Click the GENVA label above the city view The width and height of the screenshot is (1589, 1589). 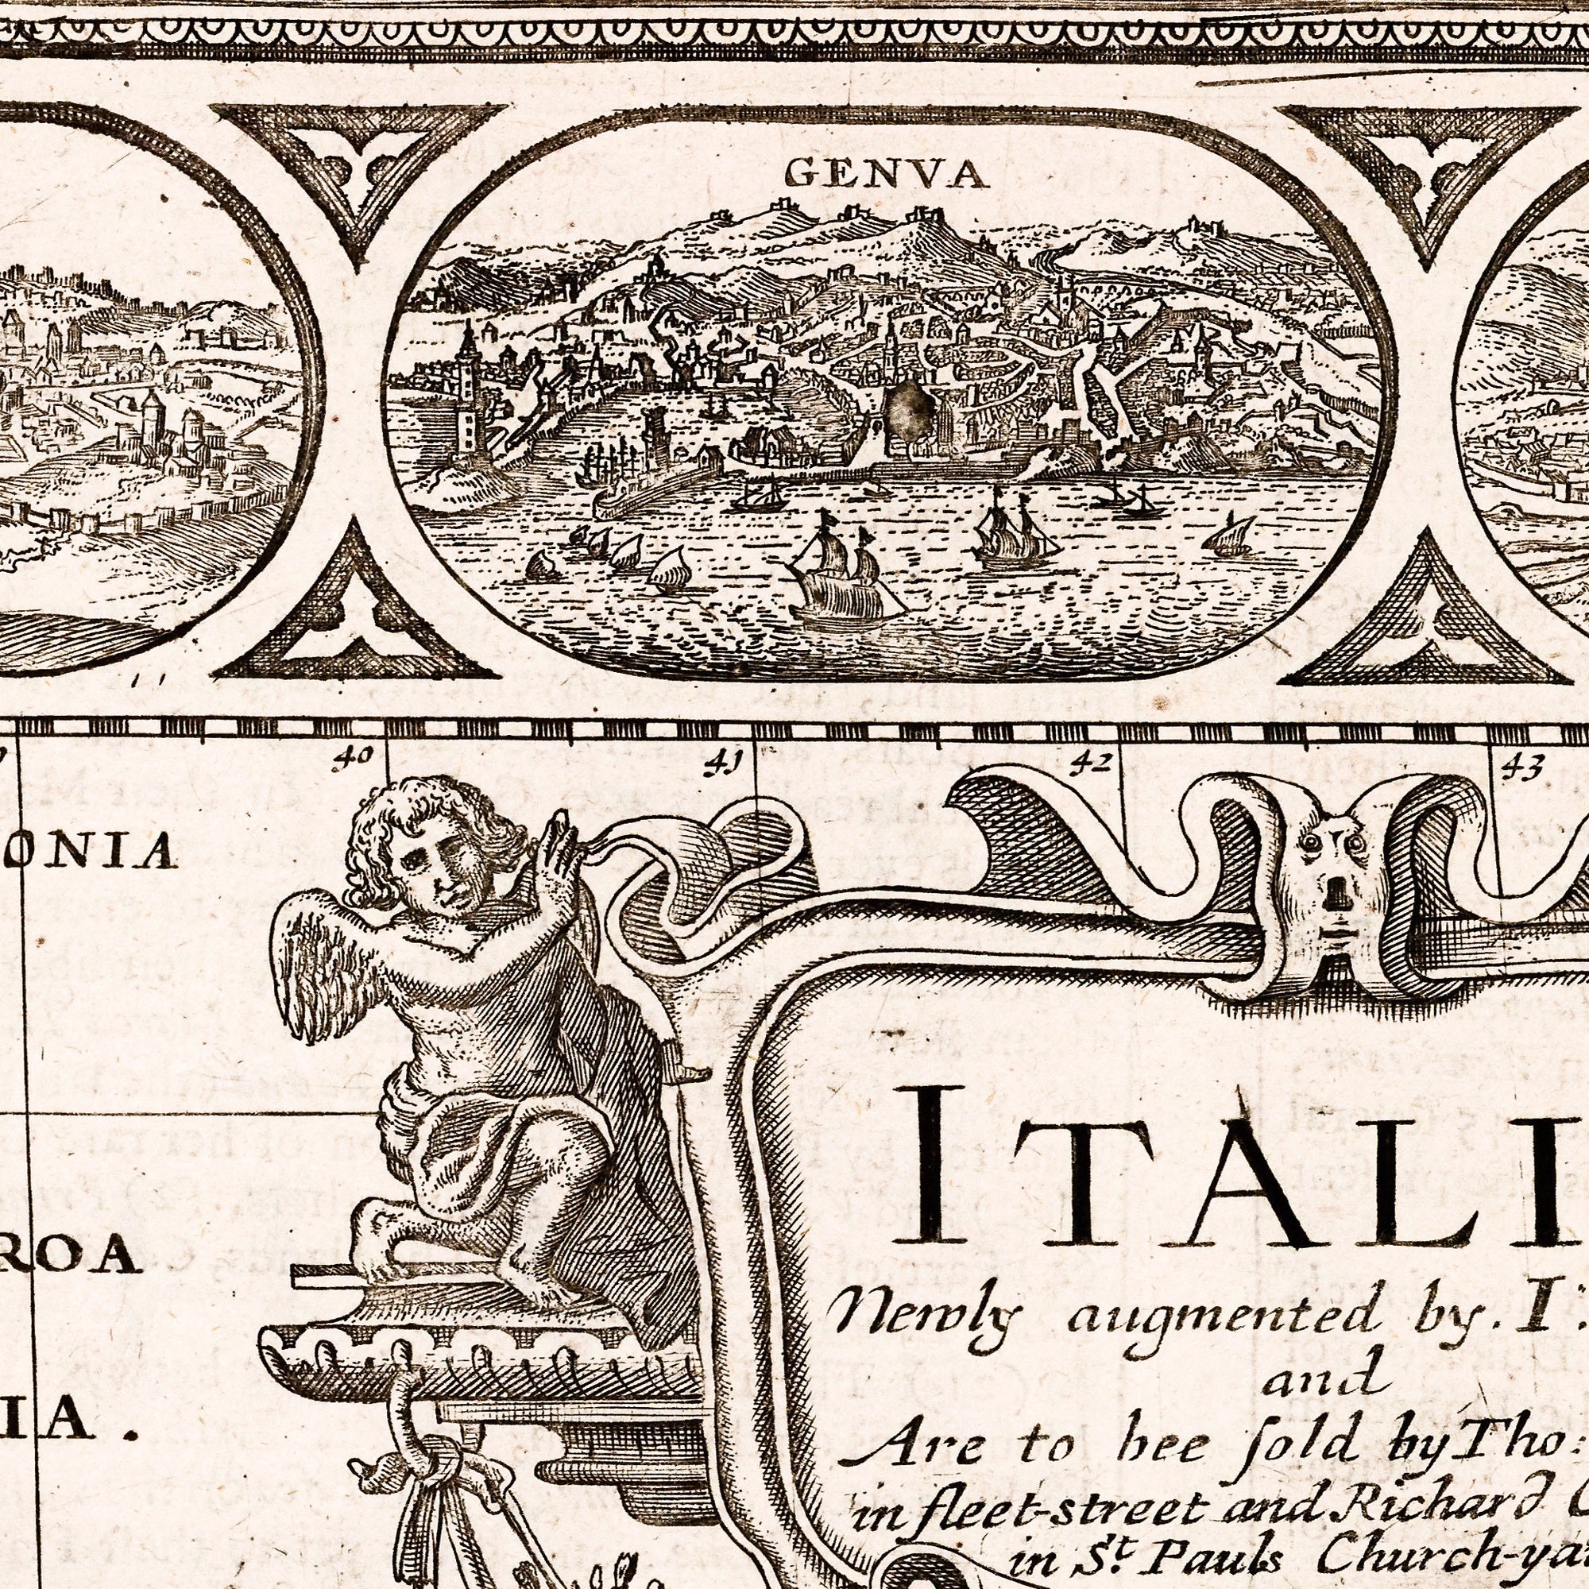886,173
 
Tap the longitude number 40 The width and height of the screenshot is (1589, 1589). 354,755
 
